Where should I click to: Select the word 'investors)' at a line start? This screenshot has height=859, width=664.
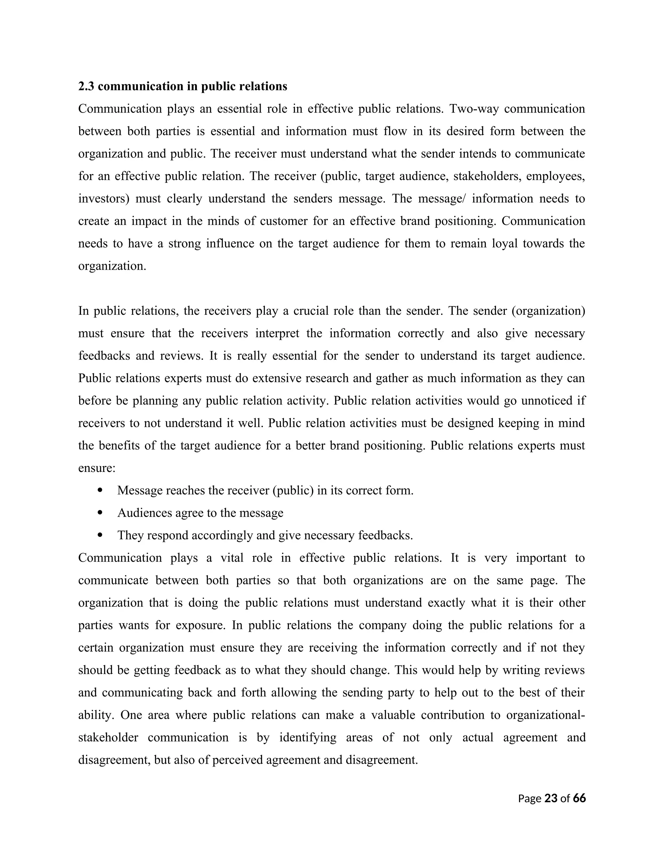coord(103,199)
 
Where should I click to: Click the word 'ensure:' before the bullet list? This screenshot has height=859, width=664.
coord(97,468)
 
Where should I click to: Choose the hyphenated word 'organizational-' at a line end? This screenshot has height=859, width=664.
coord(545,715)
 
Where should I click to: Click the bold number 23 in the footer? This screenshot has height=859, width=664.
coord(551,798)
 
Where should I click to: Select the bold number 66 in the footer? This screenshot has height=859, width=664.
coord(579,798)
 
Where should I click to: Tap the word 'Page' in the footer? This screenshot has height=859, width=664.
coord(529,799)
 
